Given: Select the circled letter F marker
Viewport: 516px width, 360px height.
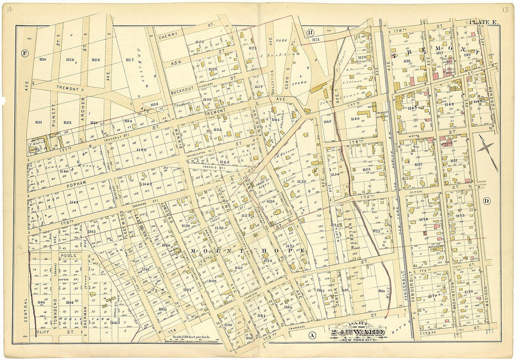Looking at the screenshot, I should pos(24,53).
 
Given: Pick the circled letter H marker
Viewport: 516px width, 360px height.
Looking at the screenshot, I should pos(310,32).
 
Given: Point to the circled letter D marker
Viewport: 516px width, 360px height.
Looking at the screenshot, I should pos(486,201).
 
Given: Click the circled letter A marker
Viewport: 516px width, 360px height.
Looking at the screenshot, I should pos(311,335).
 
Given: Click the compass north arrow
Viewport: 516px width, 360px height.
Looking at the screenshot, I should pos(488,155).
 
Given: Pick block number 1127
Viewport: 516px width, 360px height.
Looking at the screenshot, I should pos(129,60).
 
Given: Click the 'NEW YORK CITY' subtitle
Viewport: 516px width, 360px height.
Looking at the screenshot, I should pos(358,338).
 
